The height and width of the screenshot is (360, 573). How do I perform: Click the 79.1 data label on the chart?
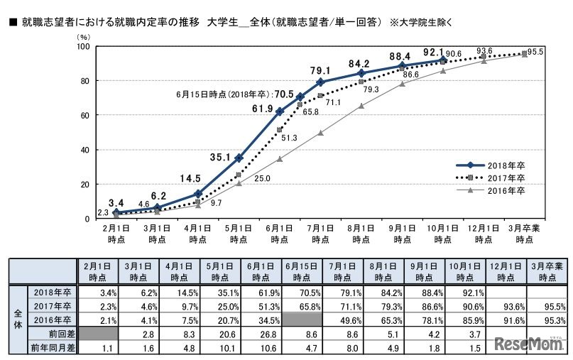click(321, 70)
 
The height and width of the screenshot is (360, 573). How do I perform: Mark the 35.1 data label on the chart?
click(239, 139)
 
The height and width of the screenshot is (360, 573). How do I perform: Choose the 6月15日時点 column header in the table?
click(300, 271)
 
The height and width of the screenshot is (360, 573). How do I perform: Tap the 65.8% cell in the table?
click(300, 305)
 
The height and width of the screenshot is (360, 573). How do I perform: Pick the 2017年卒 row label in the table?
click(53, 305)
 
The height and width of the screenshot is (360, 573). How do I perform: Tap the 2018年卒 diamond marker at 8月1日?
click(361, 73)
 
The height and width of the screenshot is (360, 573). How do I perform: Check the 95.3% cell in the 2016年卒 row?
click(545, 320)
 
